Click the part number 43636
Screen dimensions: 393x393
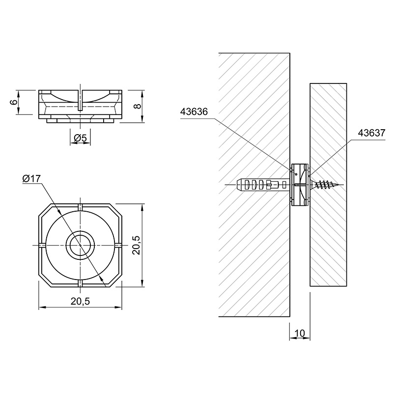(x=194, y=112)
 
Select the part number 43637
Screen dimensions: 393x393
(x=371, y=133)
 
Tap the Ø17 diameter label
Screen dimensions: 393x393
(x=31, y=178)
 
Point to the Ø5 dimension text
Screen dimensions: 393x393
(x=80, y=138)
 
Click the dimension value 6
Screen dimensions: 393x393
(x=15, y=102)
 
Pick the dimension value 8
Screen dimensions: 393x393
(x=138, y=106)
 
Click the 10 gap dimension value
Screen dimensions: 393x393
(x=300, y=333)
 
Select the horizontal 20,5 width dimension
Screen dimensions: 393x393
(x=80, y=301)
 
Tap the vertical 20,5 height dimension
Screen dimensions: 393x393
(x=137, y=245)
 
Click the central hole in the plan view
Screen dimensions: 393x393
(x=80, y=245)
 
